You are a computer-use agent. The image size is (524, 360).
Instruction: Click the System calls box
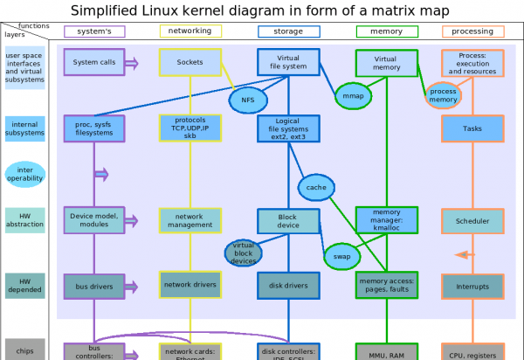94,63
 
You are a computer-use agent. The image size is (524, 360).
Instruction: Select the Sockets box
190,63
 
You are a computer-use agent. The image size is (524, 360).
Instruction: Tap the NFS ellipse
247,100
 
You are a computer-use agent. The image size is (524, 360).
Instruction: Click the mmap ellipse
353,96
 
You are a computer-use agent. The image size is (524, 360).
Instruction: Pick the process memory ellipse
444,96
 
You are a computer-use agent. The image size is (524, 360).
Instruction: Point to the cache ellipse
316,186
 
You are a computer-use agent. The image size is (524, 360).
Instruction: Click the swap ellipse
341,256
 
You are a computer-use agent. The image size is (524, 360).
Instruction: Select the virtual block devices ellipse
244,253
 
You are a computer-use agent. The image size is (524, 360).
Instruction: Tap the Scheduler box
472,221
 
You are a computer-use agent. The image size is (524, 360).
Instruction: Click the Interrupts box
472,285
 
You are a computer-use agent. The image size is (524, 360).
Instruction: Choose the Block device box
288,221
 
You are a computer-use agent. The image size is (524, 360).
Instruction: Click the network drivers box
190,285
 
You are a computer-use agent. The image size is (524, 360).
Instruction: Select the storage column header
288,31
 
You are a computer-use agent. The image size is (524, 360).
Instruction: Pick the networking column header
190,31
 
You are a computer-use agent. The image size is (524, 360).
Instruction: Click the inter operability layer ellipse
24,174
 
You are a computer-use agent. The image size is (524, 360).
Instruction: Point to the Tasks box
472,128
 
